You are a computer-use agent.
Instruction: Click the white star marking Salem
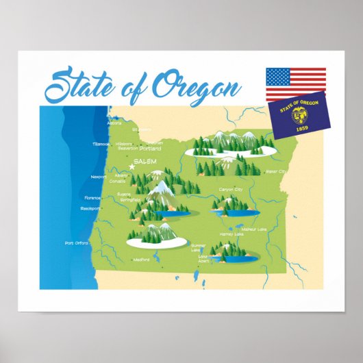[x=132, y=165]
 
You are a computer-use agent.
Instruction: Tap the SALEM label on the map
[x=146, y=161]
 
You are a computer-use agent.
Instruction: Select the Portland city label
[x=151, y=148]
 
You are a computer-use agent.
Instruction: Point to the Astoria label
[x=114, y=124]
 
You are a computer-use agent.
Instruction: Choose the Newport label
[x=99, y=176]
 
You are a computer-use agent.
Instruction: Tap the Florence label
[x=92, y=197]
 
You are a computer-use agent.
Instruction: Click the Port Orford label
[x=77, y=242]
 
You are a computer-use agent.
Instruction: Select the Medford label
[x=142, y=260]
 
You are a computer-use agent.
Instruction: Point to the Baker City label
[x=277, y=171]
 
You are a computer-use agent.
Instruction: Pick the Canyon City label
[x=231, y=189]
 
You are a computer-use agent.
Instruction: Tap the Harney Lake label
[x=231, y=234]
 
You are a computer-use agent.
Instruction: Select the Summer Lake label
[x=199, y=247]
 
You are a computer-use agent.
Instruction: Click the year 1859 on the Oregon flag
[x=301, y=128]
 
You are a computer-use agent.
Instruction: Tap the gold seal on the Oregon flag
[x=301, y=114]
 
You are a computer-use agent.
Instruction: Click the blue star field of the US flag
[x=278, y=75]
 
